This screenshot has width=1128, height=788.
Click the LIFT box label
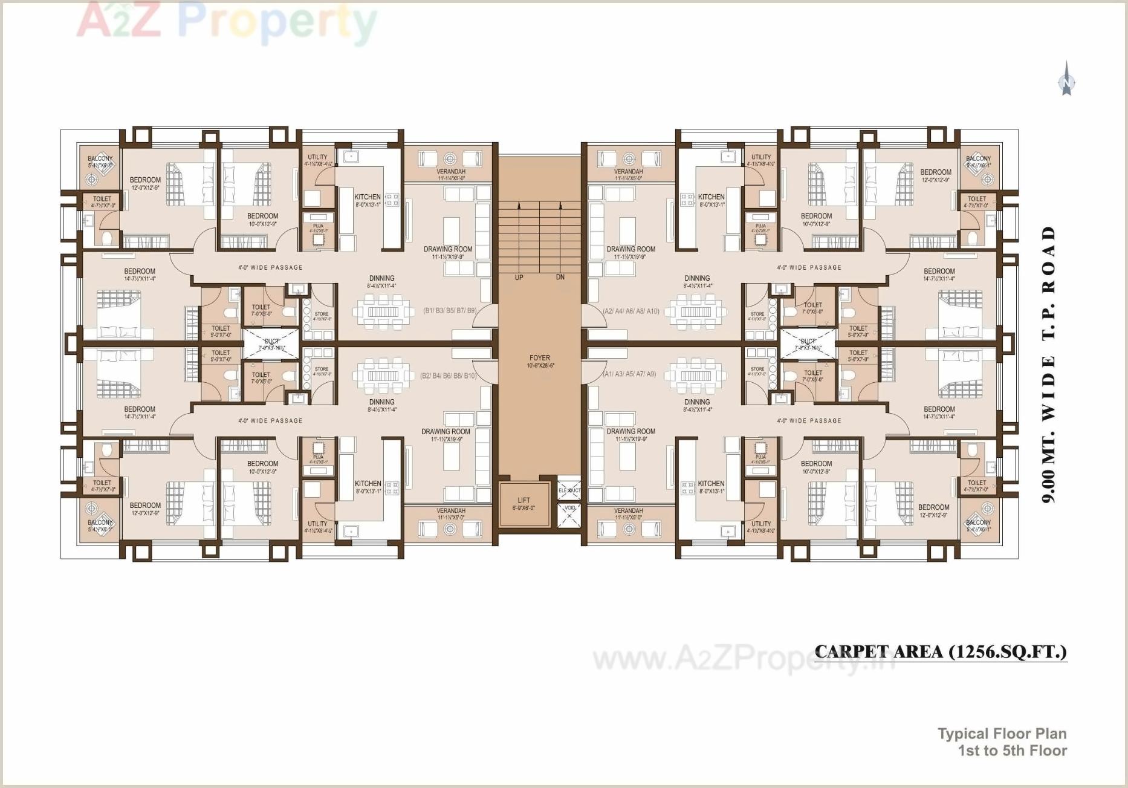point(523,500)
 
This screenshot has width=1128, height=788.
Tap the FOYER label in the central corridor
point(539,358)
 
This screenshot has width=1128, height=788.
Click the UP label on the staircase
point(519,278)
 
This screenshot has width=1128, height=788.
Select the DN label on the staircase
point(560,278)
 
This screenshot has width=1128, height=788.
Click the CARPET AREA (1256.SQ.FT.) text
point(941,652)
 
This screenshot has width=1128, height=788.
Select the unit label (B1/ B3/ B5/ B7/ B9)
point(450,311)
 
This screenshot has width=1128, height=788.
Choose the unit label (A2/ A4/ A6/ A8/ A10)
point(630,311)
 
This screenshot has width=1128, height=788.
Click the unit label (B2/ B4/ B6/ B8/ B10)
point(448,376)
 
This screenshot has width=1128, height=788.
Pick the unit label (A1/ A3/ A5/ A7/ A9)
point(629,374)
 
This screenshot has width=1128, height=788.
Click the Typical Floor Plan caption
point(1002,734)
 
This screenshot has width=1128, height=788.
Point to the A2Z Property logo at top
point(227,22)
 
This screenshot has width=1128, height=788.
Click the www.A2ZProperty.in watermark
point(743,659)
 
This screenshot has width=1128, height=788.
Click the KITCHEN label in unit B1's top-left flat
point(368,197)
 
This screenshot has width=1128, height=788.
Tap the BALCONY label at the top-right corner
point(977,158)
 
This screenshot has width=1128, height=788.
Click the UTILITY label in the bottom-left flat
point(317,524)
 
